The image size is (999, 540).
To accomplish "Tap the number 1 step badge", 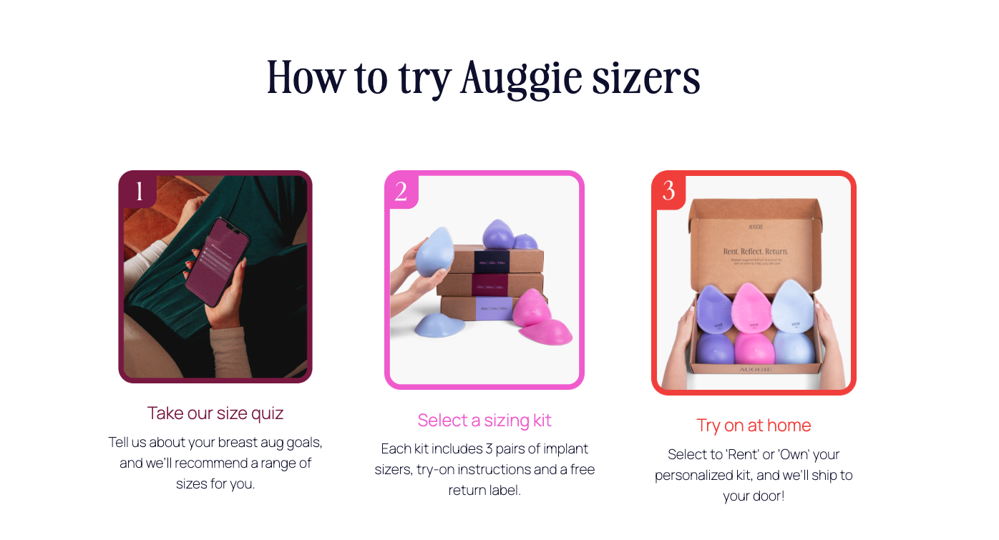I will pos(139,191).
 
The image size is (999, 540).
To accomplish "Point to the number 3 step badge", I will pos(668,191).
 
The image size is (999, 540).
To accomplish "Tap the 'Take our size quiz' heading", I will pos(215,413).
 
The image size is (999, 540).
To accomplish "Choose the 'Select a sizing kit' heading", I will pos(484,420).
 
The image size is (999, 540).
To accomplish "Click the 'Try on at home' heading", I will pos(754,426).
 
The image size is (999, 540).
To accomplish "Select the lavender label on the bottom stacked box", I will pos(494,310).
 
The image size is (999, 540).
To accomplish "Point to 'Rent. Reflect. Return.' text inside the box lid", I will pos(754,252).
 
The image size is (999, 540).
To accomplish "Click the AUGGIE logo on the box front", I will pos(754,370).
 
